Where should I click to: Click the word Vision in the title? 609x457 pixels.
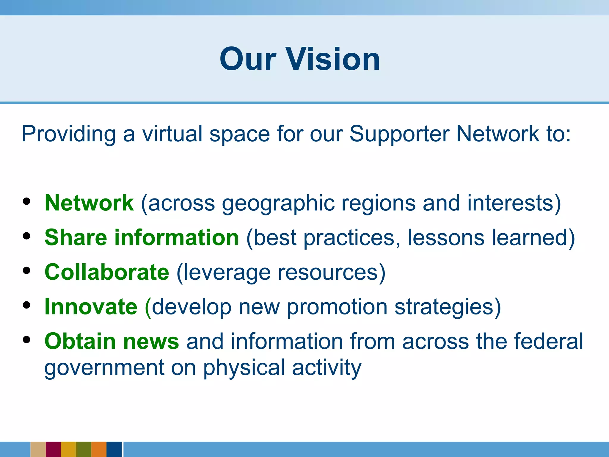pos(333,59)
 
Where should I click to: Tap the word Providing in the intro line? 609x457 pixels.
pos(69,134)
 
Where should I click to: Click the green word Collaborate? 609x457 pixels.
pos(107,272)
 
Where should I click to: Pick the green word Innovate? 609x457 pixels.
pos(91,306)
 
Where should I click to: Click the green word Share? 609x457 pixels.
pos(76,237)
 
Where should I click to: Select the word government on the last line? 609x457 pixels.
pos(104,368)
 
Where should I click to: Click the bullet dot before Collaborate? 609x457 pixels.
pos(27,271)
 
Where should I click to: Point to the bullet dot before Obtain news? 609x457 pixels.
pos(27,340)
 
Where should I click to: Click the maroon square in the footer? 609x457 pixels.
pos(53,449)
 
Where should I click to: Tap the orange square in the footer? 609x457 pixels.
pos(99,449)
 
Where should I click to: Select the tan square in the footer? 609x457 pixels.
pos(38,449)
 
